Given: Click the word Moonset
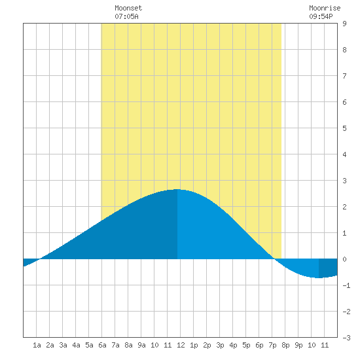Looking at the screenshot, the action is pyautogui.click(x=128, y=8).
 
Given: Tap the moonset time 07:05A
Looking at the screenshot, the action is pyautogui.click(x=126, y=16).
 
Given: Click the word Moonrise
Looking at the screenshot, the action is pyautogui.click(x=325, y=8).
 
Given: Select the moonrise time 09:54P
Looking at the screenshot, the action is pyautogui.click(x=321, y=16).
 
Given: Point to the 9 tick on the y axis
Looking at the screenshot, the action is pyautogui.click(x=344, y=24).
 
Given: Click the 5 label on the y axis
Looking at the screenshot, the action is pyautogui.click(x=344, y=128).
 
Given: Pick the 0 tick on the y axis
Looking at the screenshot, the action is pyautogui.click(x=344, y=259).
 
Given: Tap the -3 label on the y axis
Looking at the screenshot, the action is pyautogui.click(x=346, y=338).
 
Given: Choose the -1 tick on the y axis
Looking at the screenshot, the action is pyautogui.click(x=346, y=285).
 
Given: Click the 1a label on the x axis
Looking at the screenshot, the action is pyautogui.click(x=37, y=345).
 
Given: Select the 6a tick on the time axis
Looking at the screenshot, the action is pyautogui.click(x=102, y=345).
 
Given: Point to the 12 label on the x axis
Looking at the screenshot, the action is pyautogui.click(x=181, y=345).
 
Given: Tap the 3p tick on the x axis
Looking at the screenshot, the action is pyautogui.click(x=220, y=345).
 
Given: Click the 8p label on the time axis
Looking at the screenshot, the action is pyautogui.click(x=285, y=345).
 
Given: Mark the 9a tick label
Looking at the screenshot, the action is pyautogui.click(x=141, y=345).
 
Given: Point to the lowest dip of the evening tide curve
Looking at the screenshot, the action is pyautogui.click(x=319, y=278).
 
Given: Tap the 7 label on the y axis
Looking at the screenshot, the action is pyautogui.click(x=344, y=76).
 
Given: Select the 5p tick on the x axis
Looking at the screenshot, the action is pyautogui.click(x=246, y=345).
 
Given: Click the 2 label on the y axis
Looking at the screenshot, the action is pyautogui.click(x=344, y=207).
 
